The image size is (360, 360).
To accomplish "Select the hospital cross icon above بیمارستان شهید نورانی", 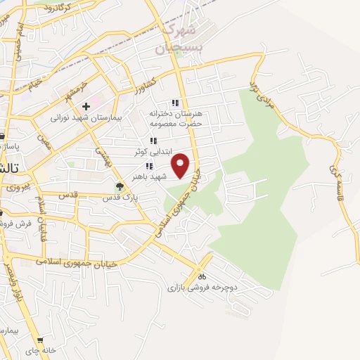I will click(x=86, y=107).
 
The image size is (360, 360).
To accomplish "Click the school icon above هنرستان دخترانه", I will click(x=176, y=103).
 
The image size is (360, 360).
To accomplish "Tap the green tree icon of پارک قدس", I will click(x=120, y=187).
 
